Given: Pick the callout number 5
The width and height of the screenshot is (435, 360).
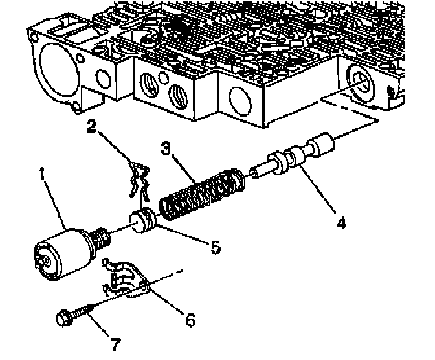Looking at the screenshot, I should [214, 247].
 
